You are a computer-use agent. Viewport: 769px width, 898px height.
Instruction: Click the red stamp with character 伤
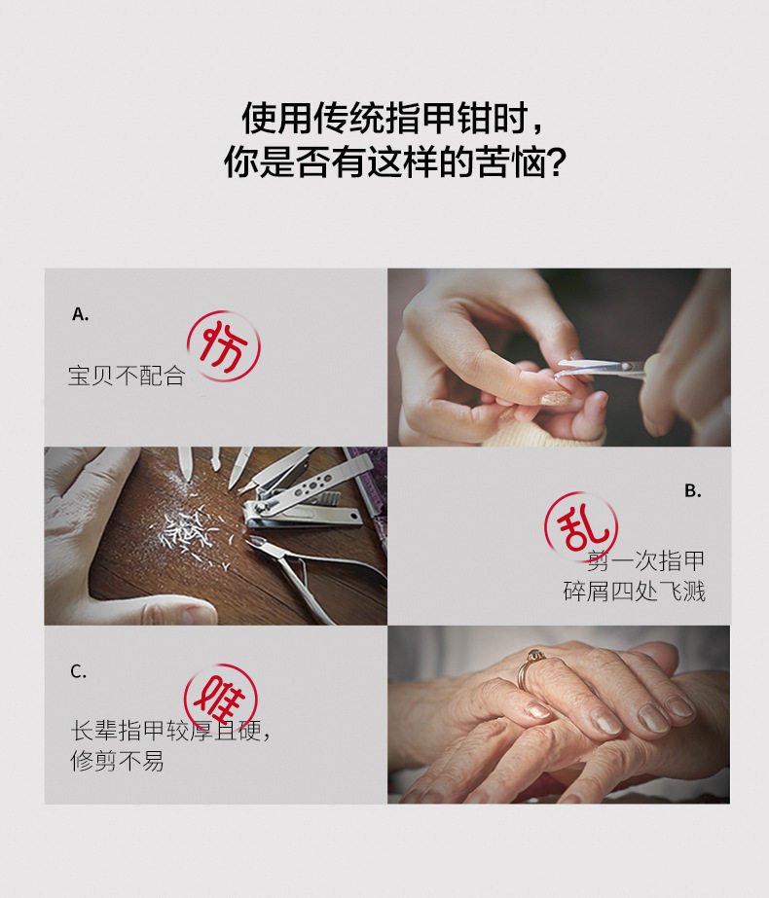224,346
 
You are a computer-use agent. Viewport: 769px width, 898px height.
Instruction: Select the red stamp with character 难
221,700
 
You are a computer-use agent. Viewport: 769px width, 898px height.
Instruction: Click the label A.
80,314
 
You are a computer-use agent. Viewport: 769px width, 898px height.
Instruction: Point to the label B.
693,490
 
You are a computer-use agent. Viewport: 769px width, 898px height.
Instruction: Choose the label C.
79,670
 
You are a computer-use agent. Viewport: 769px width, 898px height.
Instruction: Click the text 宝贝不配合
127,376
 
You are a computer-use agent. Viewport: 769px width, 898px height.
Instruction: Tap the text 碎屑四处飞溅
634,591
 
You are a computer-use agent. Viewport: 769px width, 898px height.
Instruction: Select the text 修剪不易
117,761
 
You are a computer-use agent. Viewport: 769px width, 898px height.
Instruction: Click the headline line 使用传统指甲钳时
384,118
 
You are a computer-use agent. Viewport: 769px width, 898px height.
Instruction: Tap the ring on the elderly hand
529,667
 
